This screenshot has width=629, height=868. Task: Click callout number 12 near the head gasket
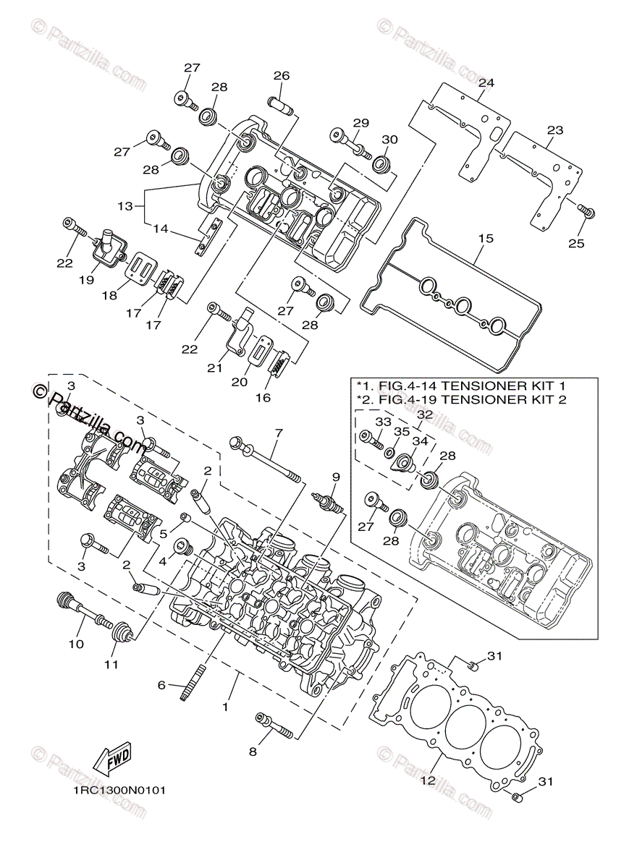(x=428, y=780)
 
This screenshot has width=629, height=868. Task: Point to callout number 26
(x=282, y=75)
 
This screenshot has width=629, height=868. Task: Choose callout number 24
(x=486, y=82)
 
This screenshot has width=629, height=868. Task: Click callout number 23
(x=554, y=129)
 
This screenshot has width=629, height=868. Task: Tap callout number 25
(x=576, y=243)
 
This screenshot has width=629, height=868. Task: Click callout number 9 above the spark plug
(x=336, y=477)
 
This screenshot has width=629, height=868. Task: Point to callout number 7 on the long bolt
(x=279, y=432)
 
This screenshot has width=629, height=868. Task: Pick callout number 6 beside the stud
(x=161, y=686)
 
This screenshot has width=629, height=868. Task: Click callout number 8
(x=253, y=752)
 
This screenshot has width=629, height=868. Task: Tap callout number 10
(x=76, y=644)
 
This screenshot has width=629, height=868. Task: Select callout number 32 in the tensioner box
(x=425, y=414)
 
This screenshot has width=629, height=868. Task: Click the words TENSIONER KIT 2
(x=504, y=399)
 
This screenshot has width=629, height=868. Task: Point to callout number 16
(x=263, y=398)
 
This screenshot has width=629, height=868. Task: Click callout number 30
(x=389, y=139)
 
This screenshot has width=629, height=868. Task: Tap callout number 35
(x=402, y=432)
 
